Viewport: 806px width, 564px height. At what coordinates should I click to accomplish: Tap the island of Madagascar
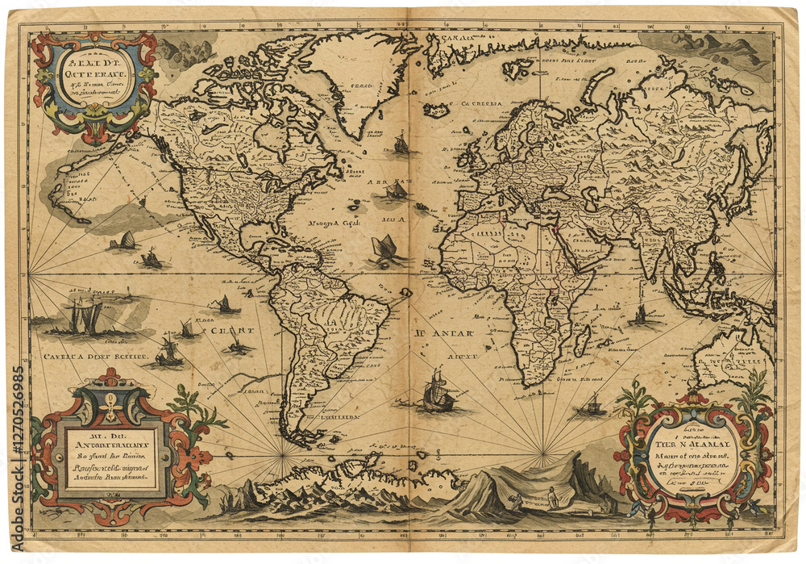pyautogui.click(x=582, y=340)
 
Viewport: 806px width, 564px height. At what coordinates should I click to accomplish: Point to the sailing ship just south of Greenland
pyautogui.click(x=401, y=144)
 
